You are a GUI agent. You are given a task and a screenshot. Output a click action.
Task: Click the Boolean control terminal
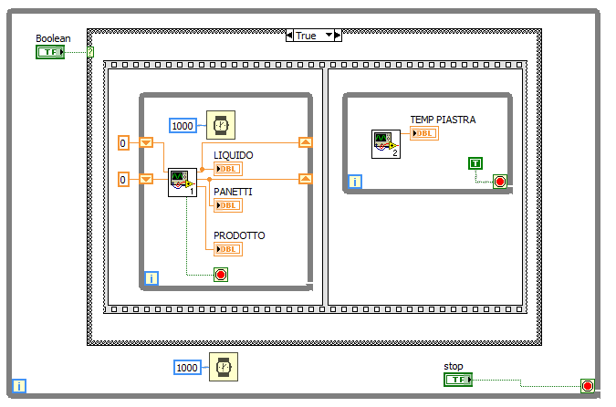pos(49,52)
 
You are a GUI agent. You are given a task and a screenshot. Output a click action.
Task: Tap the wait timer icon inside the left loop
pos(220,124)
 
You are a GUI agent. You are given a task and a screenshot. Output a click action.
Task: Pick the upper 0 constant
pos(125,143)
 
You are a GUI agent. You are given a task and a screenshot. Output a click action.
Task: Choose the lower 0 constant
pos(125,180)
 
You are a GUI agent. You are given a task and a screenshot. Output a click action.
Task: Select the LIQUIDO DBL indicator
pos(227,168)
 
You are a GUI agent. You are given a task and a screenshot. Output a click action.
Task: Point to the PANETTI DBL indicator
pos(227,205)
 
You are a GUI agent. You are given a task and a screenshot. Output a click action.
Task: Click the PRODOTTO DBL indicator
pos(227,249)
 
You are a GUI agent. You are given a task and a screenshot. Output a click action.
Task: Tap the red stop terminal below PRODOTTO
pos(220,274)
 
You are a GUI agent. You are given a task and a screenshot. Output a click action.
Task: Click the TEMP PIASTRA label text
pos(443,120)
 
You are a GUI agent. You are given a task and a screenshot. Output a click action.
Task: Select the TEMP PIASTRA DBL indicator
pos(423,133)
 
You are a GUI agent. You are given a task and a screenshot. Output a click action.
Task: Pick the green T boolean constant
pos(475,163)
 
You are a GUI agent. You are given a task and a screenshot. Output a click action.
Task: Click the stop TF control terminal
pos(458,379)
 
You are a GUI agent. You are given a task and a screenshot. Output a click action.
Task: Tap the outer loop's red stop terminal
pos(587,386)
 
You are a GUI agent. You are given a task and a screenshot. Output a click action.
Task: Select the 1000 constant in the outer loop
pos(187,367)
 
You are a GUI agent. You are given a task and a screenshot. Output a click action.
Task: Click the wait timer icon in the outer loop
pos(221,366)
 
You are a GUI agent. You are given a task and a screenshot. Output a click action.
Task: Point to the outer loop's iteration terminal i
pos(20,386)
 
